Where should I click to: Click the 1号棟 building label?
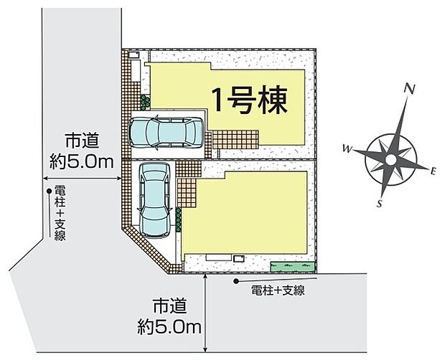click(x=250, y=100)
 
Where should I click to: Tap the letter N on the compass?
click(x=409, y=90)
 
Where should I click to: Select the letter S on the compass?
click(x=379, y=203)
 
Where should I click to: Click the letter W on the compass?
click(x=347, y=148)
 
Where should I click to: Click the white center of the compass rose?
click(x=390, y=160)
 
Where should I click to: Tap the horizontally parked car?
click(x=167, y=133)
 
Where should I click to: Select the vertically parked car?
click(x=154, y=200)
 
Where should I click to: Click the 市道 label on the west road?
click(x=83, y=141)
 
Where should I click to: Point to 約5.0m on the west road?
click(x=81, y=162)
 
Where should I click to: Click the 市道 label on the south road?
click(x=169, y=306)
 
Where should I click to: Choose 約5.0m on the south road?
click(x=169, y=328)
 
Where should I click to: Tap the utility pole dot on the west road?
click(x=49, y=191)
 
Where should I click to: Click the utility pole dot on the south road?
click(x=236, y=281)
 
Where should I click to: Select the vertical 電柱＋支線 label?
click(x=60, y=213)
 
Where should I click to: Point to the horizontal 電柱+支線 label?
click(x=278, y=290)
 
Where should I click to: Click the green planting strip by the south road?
click(x=293, y=267)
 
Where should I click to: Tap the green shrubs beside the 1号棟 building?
click(x=145, y=103)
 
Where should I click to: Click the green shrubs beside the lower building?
click(x=178, y=220)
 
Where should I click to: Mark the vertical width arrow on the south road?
click(x=205, y=313)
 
